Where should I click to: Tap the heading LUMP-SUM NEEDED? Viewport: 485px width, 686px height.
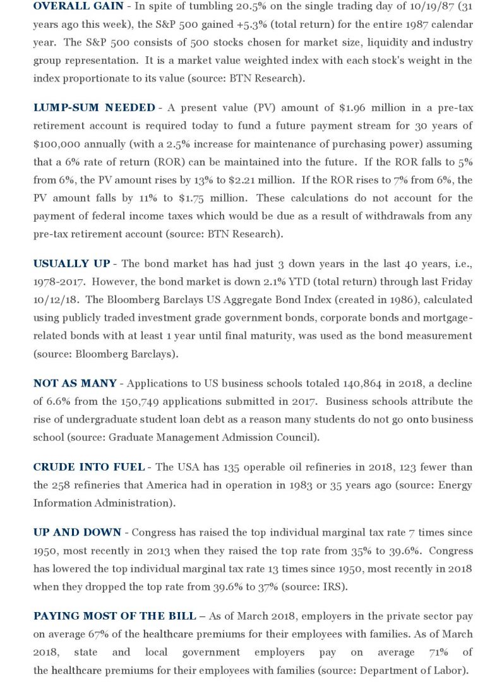click(94, 107)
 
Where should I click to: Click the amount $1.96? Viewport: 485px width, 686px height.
click(322, 107)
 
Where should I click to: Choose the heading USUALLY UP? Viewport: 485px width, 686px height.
click(71, 263)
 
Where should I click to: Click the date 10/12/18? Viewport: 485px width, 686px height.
click(54, 299)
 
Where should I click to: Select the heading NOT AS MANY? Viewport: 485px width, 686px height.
click(75, 383)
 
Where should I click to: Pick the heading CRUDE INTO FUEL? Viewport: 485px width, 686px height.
click(90, 467)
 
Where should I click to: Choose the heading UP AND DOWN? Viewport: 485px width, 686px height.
click(78, 533)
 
